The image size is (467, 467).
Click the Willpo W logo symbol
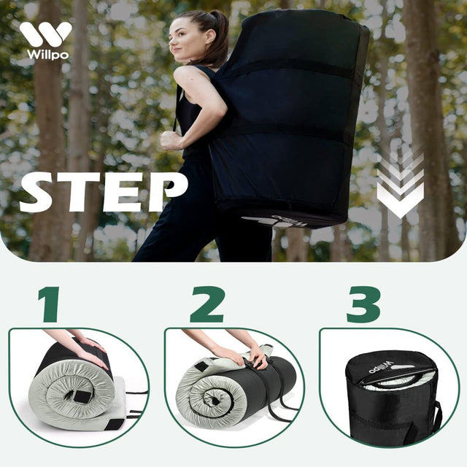click(x=45, y=34)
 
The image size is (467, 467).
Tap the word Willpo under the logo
click(x=47, y=55)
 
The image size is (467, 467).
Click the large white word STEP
click(x=104, y=192)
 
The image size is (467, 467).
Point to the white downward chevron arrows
click(x=400, y=185)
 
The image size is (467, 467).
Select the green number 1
click(x=50, y=304)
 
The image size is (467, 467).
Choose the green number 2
click(x=207, y=304)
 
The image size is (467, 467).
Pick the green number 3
click(x=363, y=304)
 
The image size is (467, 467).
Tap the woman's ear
click(x=210, y=37)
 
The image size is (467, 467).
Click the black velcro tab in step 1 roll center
click(x=81, y=397)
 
